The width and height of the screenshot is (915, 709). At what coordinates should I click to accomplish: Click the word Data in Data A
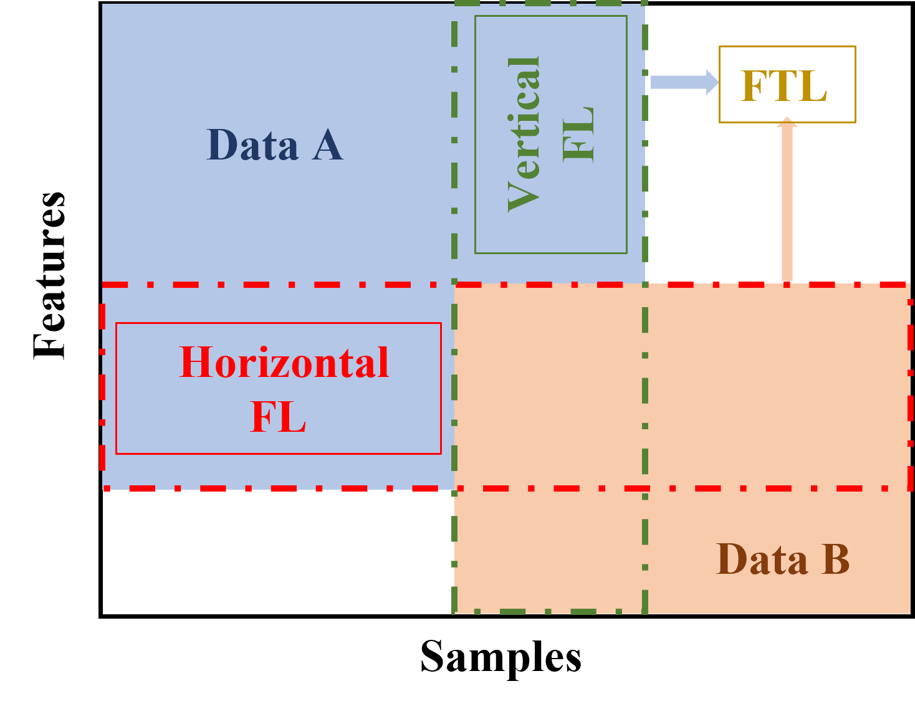(252, 145)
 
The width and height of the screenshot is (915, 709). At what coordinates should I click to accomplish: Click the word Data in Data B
(762, 559)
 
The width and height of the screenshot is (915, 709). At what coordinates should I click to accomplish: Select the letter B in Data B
(836, 559)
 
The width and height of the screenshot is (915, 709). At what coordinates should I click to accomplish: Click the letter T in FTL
(783, 85)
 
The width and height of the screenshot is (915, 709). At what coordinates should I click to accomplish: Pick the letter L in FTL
(814, 85)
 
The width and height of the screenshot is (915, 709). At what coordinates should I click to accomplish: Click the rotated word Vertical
(524, 134)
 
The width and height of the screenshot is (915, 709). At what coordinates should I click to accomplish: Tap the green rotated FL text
(578, 134)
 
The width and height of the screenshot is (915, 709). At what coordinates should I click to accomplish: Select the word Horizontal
(284, 363)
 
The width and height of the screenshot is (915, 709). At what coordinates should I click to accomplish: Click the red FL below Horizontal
(278, 416)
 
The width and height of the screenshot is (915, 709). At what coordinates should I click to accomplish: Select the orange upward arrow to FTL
(787, 199)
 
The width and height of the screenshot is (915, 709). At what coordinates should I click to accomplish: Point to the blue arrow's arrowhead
(712, 82)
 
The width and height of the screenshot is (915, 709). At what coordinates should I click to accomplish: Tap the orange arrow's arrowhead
(787, 122)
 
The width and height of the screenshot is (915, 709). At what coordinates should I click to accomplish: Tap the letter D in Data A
(222, 145)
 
